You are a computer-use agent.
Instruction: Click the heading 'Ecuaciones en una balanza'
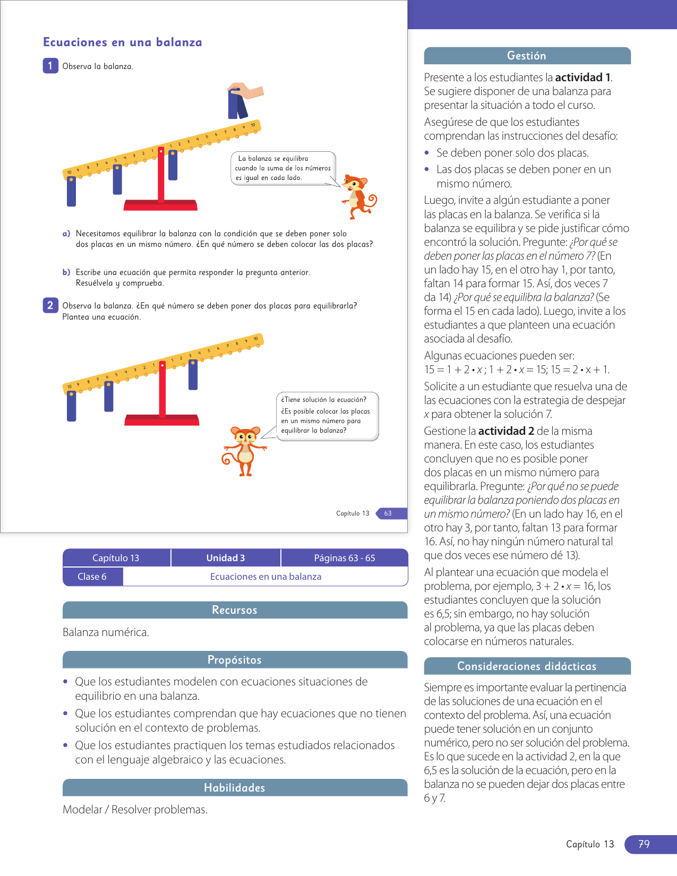(123, 42)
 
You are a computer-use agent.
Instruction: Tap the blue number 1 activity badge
(50, 66)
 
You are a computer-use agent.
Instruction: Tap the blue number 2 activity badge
(50, 305)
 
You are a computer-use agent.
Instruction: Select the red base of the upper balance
(160, 205)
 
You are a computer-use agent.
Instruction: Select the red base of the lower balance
(161, 420)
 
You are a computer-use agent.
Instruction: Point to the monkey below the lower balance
(245, 450)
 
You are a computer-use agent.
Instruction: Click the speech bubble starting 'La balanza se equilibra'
(283, 168)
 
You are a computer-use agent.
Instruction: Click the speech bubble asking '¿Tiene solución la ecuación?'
(327, 416)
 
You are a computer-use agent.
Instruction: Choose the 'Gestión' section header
(527, 56)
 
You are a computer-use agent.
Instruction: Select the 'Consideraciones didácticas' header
(527, 666)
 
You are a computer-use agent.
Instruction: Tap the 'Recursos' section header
(235, 610)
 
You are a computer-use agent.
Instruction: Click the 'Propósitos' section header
(235, 660)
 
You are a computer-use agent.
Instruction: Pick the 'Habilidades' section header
(235, 788)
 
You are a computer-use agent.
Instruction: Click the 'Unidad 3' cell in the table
(226, 558)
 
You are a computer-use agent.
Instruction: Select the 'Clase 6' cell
(92, 577)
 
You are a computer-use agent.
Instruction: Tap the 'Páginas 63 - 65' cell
(344, 558)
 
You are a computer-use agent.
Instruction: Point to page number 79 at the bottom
(644, 844)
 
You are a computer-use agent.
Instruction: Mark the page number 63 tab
(388, 513)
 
